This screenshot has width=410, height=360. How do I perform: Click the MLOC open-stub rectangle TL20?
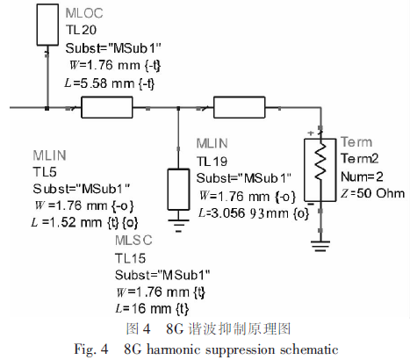pyautogui.click(x=47, y=25)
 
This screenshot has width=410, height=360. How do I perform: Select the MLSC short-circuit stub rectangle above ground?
pyautogui.click(x=178, y=190)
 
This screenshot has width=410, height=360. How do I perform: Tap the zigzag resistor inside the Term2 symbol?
pyautogui.click(x=320, y=162)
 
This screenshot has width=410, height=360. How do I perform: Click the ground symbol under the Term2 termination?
pyautogui.click(x=320, y=246)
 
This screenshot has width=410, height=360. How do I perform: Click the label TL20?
pyautogui.click(x=81, y=30)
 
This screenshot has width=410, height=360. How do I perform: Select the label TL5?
pyautogui.click(x=45, y=172)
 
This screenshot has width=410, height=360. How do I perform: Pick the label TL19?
pyautogui.click(x=212, y=162)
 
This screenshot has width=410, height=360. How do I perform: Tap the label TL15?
pyautogui.click(x=130, y=258)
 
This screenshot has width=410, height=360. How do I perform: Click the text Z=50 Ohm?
pyautogui.click(x=373, y=193)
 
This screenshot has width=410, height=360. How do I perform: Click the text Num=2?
pyautogui.click(x=362, y=176)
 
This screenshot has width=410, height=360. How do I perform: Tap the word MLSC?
pyautogui.click(x=133, y=241)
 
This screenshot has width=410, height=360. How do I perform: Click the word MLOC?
pyautogui.click(x=84, y=13)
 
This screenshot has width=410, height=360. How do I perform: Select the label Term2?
pyautogui.click(x=360, y=159)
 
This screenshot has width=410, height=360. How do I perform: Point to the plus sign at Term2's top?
pyautogui.click(x=311, y=133)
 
